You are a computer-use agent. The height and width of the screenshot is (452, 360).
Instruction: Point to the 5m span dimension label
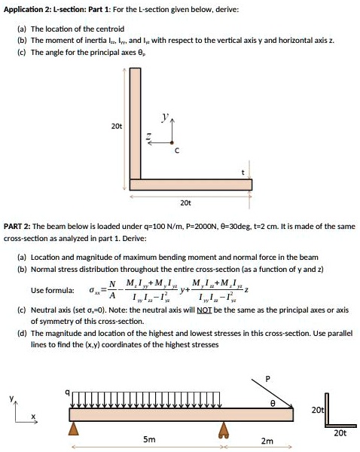149,439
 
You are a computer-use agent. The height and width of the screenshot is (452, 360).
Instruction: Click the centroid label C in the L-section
176,151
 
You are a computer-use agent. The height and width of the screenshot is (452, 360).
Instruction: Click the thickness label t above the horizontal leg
243,173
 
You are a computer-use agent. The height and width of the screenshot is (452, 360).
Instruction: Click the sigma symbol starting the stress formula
93,290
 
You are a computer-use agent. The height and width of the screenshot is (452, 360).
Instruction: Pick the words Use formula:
52,290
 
